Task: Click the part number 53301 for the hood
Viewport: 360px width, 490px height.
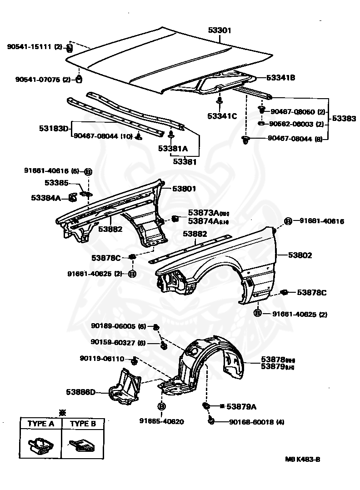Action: (220, 30)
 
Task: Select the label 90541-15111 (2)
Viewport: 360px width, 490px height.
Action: (35, 46)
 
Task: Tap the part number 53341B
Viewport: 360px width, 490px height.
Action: (280, 78)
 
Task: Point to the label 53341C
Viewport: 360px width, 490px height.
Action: (222, 116)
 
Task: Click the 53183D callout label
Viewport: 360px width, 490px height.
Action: (53, 129)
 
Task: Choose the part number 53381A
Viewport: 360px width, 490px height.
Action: (173, 148)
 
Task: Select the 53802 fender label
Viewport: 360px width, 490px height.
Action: (300, 255)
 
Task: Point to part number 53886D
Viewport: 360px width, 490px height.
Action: (80, 392)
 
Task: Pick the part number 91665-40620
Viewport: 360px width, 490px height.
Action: (161, 421)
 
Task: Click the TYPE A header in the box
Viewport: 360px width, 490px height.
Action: (41, 424)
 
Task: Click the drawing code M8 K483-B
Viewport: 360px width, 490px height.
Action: (302, 459)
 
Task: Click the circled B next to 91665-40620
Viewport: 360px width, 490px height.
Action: (161, 406)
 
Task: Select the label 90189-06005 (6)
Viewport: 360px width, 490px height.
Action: (118, 326)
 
